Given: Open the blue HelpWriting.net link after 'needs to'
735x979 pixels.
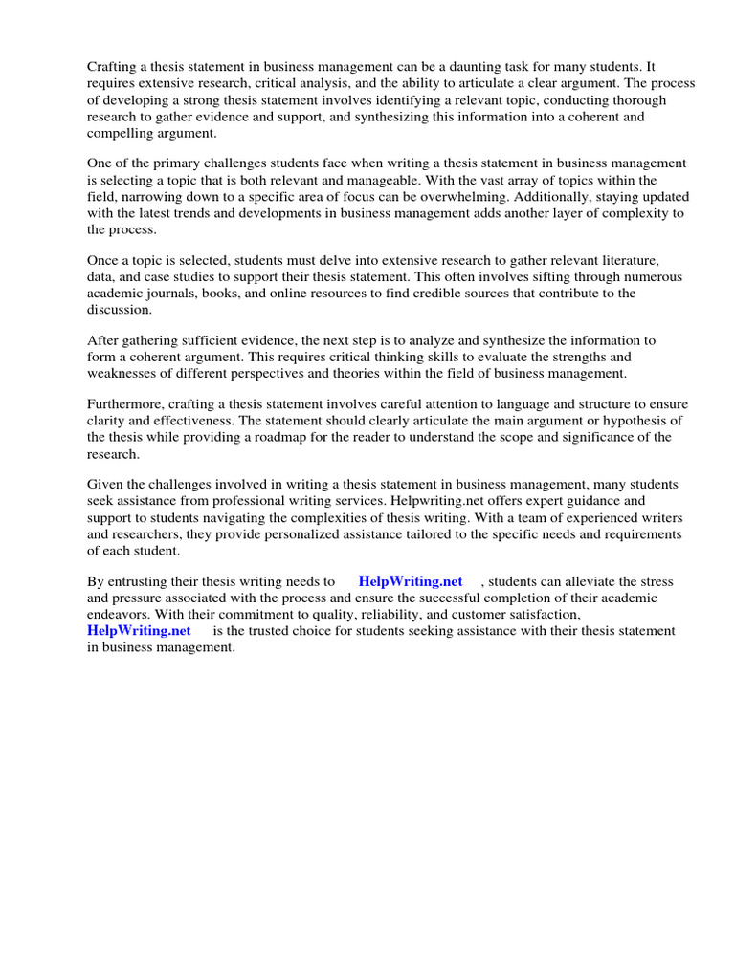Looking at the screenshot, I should pos(410,581).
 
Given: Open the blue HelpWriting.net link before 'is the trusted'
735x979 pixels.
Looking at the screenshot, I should pos(139,630).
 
